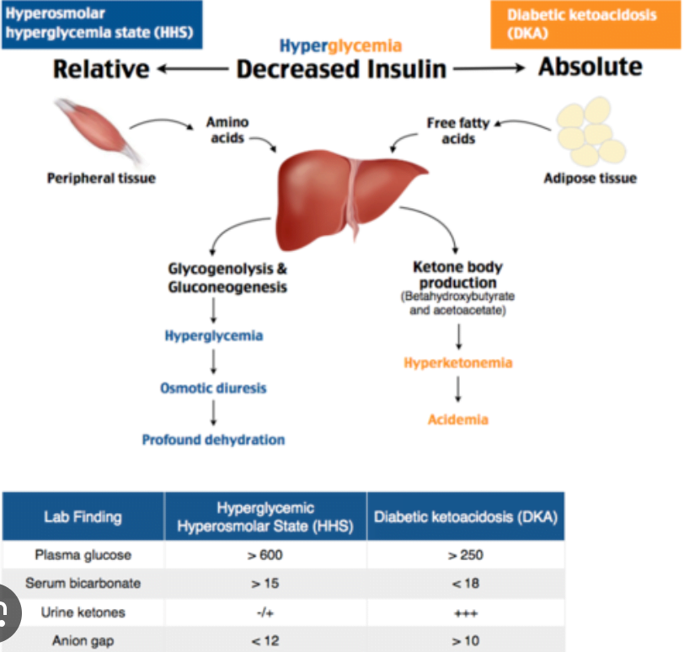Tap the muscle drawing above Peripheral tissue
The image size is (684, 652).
96,131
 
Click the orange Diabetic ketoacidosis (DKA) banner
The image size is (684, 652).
585,24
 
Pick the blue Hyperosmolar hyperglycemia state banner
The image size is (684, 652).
100,24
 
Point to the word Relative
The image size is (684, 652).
101,68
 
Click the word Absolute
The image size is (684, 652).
590,67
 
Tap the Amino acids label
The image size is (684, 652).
227,130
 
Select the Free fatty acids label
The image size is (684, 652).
457,131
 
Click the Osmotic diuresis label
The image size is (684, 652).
213,388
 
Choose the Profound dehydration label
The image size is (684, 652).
213,440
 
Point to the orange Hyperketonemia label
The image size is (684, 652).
458,363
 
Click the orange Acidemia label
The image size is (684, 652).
458,419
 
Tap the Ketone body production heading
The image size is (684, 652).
458,275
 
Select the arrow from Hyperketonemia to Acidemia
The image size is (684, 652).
458,390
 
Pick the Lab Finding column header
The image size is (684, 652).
83,516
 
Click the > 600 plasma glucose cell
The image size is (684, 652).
265,555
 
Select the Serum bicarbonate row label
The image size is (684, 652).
83,584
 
